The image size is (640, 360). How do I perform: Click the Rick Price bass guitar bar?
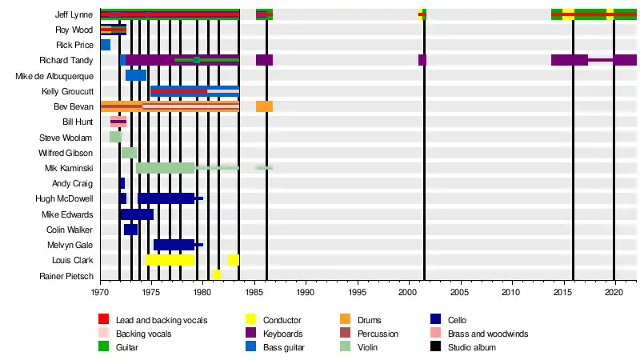click(106, 45)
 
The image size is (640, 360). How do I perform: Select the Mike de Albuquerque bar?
click(136, 75)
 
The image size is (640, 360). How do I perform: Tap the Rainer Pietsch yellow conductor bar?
click(217, 274)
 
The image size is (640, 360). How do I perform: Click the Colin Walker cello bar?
click(130, 230)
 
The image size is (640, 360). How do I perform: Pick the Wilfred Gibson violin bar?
click(129, 153)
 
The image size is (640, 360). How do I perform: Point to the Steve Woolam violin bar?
click(115, 137)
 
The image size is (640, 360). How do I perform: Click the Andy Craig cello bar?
click(122, 183)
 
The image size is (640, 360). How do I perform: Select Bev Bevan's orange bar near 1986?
click(265, 106)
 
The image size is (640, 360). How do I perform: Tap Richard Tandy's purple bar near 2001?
click(422, 60)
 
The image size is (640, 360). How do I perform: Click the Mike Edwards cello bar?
click(137, 214)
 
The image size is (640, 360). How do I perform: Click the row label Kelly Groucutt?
click(67, 91)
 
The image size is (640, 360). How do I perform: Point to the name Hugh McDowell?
click(64, 198)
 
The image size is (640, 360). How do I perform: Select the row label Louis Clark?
click(72, 260)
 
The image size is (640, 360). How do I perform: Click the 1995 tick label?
click(358, 292)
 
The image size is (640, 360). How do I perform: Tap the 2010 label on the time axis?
click(510, 292)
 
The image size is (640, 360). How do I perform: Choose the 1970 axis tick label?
click(99, 292)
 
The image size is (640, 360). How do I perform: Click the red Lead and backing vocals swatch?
click(104, 318)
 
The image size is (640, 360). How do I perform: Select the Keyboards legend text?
click(283, 334)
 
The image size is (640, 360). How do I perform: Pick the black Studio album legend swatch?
click(435, 346)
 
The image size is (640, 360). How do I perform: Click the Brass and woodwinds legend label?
click(488, 334)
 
